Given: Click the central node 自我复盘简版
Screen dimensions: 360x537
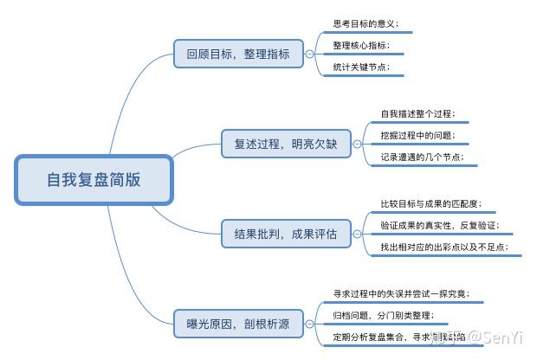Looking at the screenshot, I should click(94, 180).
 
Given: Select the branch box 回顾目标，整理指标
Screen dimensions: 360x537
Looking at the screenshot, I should click(238, 54).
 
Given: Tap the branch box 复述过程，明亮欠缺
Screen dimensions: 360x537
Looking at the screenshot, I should click(286, 144).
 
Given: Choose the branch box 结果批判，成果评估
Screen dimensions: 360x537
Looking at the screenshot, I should click(286, 234).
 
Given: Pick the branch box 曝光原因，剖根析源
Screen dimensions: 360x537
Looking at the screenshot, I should click(238, 324).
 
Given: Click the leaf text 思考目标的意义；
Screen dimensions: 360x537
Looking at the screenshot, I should click(366, 24).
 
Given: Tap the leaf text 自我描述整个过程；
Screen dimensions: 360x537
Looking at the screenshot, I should click(418, 114).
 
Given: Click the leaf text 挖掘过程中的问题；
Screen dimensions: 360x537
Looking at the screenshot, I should click(418, 136).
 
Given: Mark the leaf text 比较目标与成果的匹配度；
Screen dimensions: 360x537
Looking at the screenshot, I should click(431, 204).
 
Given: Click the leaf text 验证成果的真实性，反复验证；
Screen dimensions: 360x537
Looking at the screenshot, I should click(440, 226).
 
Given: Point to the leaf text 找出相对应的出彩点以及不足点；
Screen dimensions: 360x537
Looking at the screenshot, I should click(444, 247).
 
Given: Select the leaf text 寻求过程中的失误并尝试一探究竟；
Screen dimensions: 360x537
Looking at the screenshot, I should click(401, 293).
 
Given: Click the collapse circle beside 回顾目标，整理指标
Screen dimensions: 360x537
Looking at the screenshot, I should click(310, 54).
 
